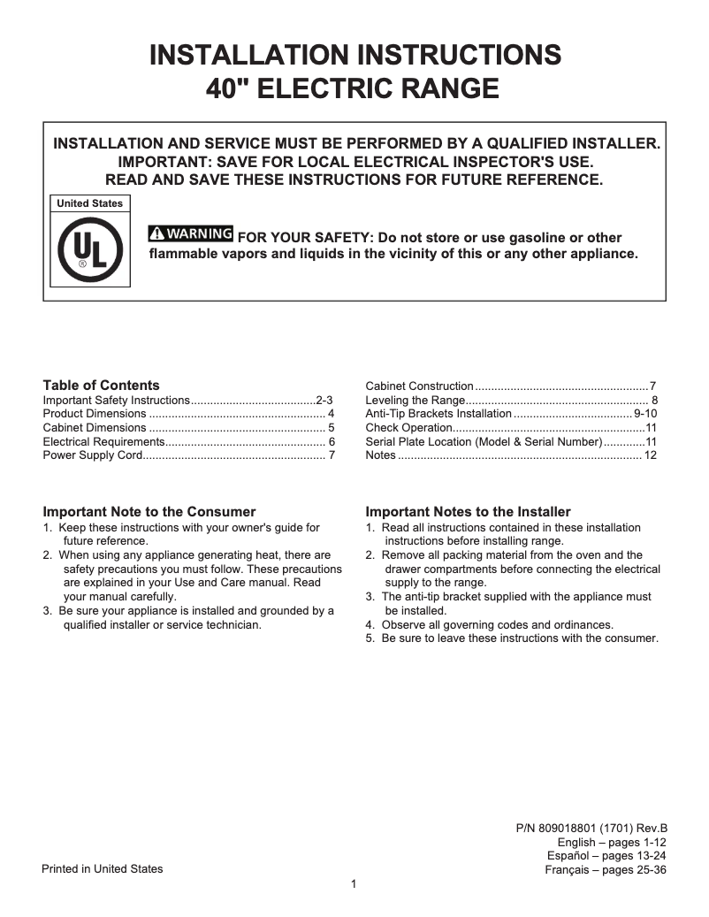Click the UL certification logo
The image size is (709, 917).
click(x=89, y=248)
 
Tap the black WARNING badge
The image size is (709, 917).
click(x=191, y=234)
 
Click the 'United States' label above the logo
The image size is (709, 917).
click(x=89, y=203)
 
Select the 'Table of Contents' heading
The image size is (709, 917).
click(x=102, y=386)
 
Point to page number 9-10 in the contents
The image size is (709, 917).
click(x=645, y=414)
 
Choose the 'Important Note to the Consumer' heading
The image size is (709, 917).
click(x=149, y=512)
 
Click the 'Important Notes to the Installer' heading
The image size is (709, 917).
click(x=468, y=512)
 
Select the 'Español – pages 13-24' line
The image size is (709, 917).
click(x=606, y=856)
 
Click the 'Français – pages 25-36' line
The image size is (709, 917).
click(x=606, y=870)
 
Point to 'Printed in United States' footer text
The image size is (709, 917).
click(x=103, y=869)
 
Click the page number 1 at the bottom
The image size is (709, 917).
click(x=354, y=884)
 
